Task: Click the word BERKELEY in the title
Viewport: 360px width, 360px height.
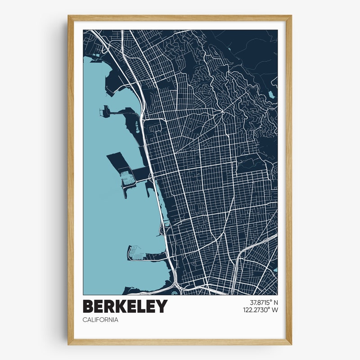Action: point(125,306)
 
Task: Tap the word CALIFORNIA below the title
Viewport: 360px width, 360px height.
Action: point(100,320)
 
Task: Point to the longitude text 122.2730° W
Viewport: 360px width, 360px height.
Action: point(260,310)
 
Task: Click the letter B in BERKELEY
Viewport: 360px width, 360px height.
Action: point(88,306)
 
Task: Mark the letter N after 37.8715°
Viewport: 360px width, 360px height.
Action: point(275,302)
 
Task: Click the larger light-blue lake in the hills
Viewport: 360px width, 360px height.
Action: point(271,94)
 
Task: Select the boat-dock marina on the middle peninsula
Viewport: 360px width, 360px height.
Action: point(128,180)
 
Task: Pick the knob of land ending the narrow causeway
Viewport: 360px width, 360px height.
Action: point(106,111)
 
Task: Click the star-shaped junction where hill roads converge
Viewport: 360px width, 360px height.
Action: point(222,114)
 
